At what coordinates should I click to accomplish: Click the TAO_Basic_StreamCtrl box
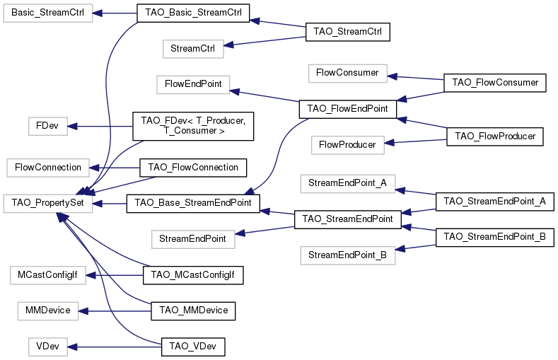tap(193, 13)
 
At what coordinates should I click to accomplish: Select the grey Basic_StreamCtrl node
tap(48, 13)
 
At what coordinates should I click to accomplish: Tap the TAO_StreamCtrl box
tap(347, 32)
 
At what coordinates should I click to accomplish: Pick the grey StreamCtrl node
tap(192, 50)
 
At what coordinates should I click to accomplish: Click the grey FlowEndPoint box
tap(193, 84)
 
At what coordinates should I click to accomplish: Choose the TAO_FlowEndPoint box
tap(347, 109)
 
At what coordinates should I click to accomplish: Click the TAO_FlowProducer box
tap(495, 136)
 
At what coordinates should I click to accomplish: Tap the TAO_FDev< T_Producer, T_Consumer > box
tap(193, 126)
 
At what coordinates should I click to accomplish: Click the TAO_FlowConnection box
tap(193, 168)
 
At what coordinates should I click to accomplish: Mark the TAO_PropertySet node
tap(48, 204)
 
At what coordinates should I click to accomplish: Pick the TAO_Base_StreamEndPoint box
tap(193, 204)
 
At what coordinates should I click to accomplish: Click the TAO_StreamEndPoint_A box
tap(494, 202)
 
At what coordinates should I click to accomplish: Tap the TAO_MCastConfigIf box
tap(193, 275)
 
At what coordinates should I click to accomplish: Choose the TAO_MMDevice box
tap(193, 310)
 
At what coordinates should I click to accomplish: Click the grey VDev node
tap(47, 347)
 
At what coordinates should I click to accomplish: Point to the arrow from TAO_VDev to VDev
tap(116, 347)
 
